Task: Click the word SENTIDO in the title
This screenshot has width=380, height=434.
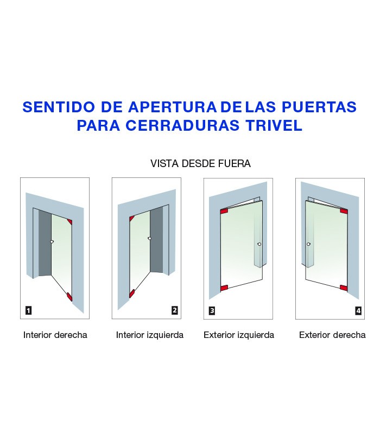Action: coord(59,107)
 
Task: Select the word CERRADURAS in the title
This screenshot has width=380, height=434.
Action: coord(182,125)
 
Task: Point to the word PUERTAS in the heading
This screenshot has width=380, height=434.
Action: coord(319,107)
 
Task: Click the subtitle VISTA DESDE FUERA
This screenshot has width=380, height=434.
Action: coord(200,164)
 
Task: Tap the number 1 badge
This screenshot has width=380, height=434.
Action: coord(28,310)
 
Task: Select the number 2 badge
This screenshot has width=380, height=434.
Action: coord(174,310)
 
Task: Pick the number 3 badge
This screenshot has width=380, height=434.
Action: coord(212,310)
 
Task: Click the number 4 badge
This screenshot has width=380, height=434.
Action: coord(358,310)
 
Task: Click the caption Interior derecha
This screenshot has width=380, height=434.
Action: coord(55,335)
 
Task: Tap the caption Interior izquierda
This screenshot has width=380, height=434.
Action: coord(150,335)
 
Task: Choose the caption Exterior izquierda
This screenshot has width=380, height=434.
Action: coord(239,335)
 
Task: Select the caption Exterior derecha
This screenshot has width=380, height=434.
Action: coord(332,335)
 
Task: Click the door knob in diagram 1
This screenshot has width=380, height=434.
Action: coord(52,241)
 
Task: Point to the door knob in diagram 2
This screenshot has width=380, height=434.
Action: coord(150,238)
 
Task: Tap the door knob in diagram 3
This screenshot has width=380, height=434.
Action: coord(259,244)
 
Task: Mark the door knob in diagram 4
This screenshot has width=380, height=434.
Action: coord(308,244)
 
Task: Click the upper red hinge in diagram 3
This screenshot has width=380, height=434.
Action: coord(224,211)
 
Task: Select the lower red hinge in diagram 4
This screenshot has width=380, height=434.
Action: coord(344,288)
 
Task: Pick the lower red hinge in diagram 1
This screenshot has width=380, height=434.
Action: coord(69,296)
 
